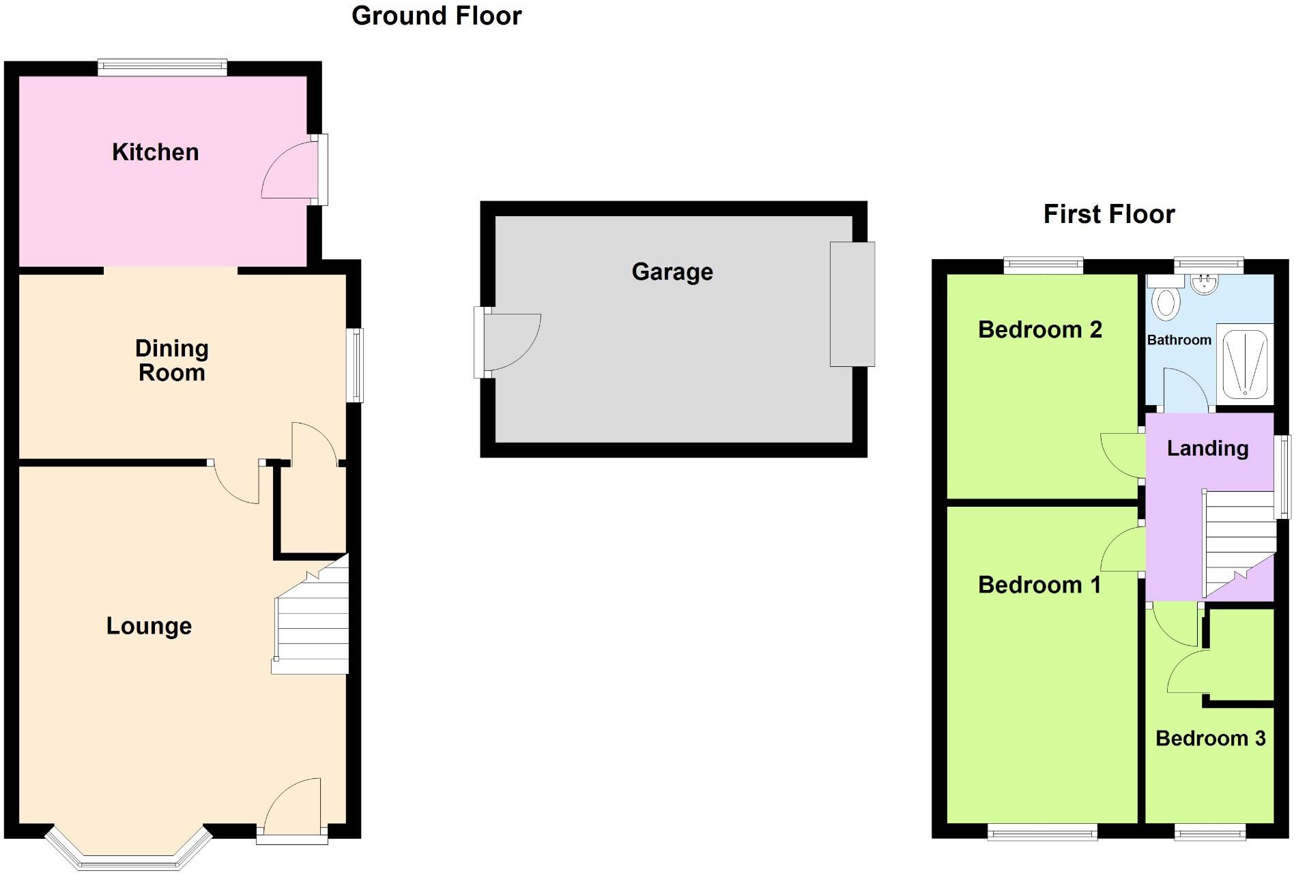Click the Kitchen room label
156,152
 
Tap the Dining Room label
172,361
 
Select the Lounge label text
149,626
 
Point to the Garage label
672,272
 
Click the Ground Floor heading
436,16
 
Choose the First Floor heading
1109,214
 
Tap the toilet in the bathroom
1166,302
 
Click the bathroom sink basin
1205,284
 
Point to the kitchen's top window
162,67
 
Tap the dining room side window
355,366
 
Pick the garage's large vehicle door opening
852,304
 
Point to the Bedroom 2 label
1039,330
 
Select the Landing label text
1207,448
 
